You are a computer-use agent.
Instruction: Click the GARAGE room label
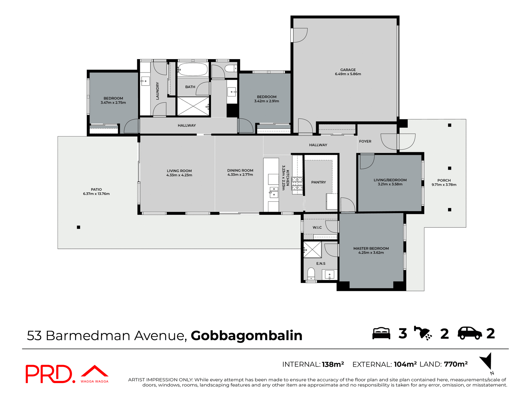point(348,70)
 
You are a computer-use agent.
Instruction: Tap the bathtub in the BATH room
point(193,69)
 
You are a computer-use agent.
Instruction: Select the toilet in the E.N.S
point(311,273)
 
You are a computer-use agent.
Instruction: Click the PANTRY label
point(318,182)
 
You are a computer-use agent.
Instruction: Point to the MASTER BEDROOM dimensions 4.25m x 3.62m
point(371,253)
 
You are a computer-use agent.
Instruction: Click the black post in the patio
point(79,227)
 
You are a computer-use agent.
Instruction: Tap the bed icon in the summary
point(381,333)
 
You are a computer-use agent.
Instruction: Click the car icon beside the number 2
point(470,333)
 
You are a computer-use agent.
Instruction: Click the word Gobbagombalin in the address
point(246,336)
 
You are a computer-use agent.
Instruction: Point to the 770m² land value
point(455,364)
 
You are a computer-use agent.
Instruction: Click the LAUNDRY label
point(157,91)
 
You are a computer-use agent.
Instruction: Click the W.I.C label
point(317,227)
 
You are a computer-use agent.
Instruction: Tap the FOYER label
point(365,142)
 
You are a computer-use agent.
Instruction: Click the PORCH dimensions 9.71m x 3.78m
point(444,185)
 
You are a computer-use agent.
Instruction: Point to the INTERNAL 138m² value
point(333,364)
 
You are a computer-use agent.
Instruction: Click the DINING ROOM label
point(240,171)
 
